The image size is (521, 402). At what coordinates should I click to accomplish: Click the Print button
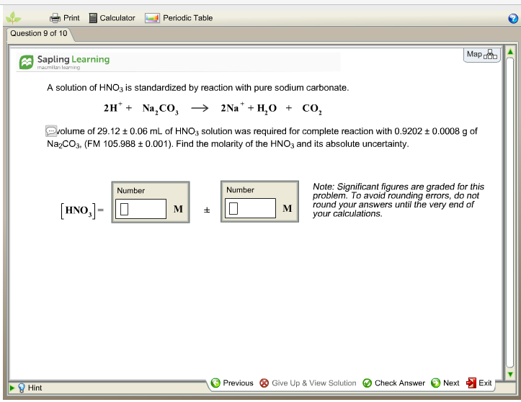point(65,18)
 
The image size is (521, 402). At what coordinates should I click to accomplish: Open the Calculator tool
point(112,18)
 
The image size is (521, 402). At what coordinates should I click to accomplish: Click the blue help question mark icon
point(513,19)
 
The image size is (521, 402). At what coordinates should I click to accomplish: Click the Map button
point(481,55)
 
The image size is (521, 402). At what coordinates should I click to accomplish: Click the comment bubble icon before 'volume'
point(50,131)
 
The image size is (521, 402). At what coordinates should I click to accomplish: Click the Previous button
point(232,383)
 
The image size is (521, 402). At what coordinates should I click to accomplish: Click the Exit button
point(479,383)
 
